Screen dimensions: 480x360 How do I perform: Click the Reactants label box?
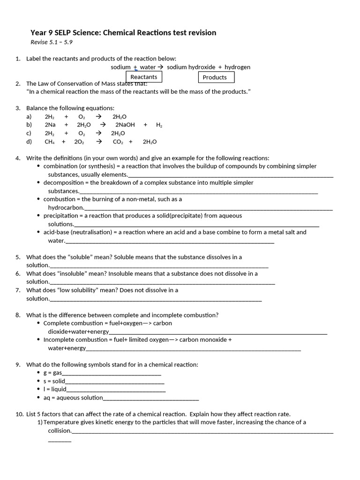(144, 77)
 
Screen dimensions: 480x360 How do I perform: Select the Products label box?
(215, 77)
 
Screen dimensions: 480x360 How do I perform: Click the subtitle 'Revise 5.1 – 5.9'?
(52, 42)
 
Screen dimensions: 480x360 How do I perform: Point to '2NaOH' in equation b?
(125, 125)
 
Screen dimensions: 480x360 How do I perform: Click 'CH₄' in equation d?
(50, 142)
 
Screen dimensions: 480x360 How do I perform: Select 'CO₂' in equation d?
(118, 142)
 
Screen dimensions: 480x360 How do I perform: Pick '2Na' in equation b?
(50, 125)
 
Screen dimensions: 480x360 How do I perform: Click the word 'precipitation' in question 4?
(60, 216)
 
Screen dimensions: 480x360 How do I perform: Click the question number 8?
(18, 315)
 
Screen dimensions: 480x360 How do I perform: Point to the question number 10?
(19, 414)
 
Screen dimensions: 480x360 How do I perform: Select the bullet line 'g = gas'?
(52, 373)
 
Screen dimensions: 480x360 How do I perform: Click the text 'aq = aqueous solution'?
(73, 397)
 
